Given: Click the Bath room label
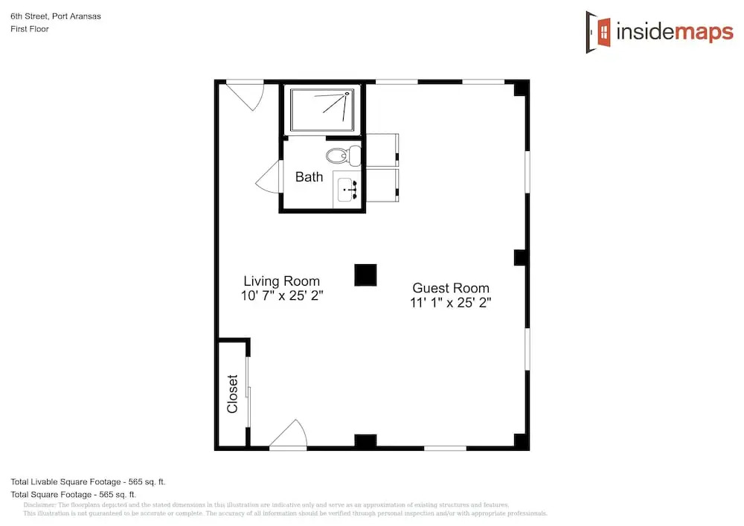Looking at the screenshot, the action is [x=309, y=177].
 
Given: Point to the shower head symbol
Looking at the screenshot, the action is [x=347, y=94].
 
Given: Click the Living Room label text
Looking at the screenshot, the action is [x=281, y=280].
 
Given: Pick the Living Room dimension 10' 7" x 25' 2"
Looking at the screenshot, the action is [x=282, y=295].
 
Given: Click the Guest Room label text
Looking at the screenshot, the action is [x=451, y=288].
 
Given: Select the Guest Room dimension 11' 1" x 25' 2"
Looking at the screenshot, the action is [x=451, y=303].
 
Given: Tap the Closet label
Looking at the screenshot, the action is [x=232, y=394].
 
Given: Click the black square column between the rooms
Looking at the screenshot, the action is [x=365, y=275].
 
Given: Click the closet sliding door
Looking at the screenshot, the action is [x=248, y=392].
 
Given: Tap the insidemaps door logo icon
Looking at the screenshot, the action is [x=598, y=32].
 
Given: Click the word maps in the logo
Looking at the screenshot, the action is [x=704, y=32].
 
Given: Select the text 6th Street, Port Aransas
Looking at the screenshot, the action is [x=56, y=16].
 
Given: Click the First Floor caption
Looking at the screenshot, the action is [x=30, y=29].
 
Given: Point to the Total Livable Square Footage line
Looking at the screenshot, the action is [x=88, y=482].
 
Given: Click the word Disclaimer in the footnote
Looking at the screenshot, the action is [x=39, y=505].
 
